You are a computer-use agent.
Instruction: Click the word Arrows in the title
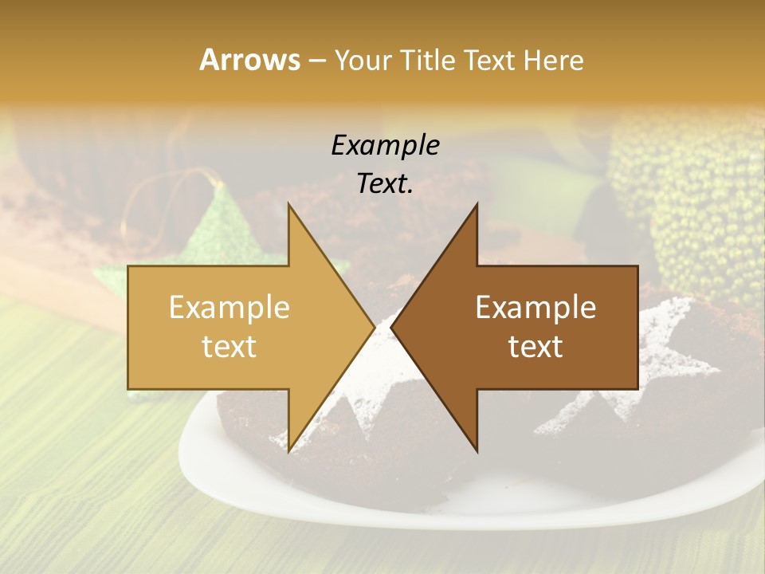pos(249,60)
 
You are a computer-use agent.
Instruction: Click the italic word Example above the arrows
pos(385,146)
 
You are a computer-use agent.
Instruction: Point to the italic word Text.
pos(385,184)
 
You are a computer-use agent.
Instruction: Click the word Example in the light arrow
pos(229,308)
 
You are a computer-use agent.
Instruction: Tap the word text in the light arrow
pos(229,347)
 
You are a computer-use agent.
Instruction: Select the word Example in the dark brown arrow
pos(535,308)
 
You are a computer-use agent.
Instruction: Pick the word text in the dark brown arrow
pos(535,347)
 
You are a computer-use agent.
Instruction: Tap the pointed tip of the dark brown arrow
pos(393,328)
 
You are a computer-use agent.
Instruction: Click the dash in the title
pos(316,61)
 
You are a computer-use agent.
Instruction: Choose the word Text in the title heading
pos(488,60)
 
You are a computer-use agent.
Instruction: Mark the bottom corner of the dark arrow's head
pos(477,450)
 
